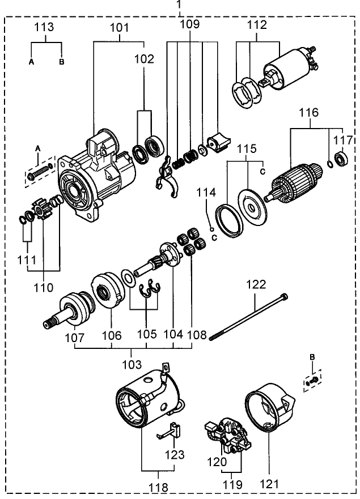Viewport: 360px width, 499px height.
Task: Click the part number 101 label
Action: coord(120,27)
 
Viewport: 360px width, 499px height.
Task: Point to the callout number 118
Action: coord(159,487)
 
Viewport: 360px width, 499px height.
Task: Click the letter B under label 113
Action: coord(61,62)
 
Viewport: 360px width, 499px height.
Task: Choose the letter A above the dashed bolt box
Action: coord(39,148)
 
